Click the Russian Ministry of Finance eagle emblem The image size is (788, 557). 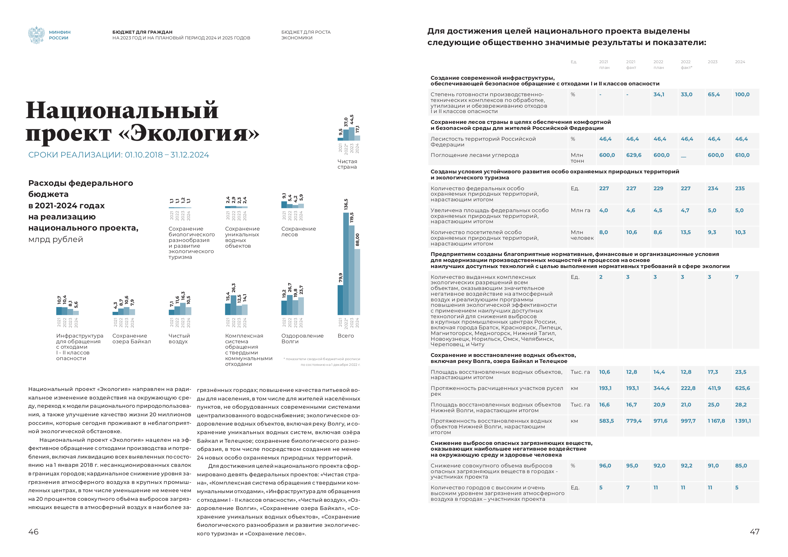36,35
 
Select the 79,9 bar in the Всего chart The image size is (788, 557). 340,300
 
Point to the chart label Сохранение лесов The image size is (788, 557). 298,232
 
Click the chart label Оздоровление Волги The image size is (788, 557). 302,339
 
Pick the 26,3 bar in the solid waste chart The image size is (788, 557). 233,305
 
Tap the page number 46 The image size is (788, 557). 33,532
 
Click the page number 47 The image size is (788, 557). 754,532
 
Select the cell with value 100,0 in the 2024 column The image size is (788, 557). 742,94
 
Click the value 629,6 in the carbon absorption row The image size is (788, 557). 634,155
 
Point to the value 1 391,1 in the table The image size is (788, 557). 743,421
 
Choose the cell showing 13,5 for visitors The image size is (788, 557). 686,232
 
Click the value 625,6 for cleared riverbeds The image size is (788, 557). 742,388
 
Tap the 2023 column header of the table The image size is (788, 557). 712,62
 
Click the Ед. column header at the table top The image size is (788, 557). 574,62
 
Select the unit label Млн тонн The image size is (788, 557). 577,158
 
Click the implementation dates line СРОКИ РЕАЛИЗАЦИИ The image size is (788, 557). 118,155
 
